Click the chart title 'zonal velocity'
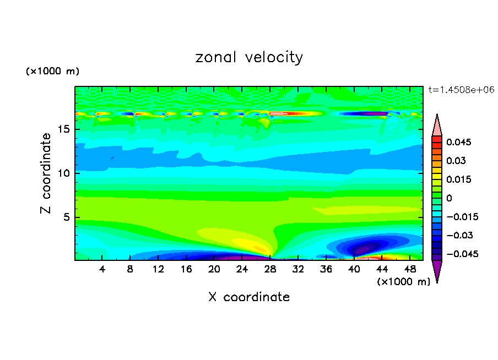249,57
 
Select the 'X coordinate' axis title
249,297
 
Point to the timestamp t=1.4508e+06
461,89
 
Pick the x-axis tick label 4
102,269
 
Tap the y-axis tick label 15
65,130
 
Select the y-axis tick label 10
65,173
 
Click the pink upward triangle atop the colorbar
437,125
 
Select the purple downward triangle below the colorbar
437,270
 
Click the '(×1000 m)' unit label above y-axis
53,72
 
